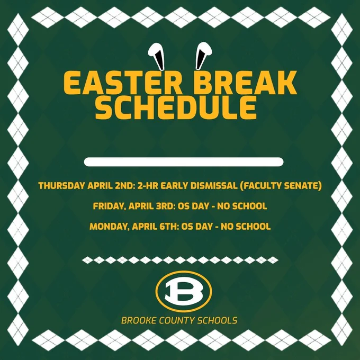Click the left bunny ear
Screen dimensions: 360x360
click(x=157, y=55)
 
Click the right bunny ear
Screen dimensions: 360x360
click(x=203, y=55)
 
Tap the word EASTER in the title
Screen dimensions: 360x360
click(x=123, y=83)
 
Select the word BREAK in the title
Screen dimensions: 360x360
click(x=245, y=83)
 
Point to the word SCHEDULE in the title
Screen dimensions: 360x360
click(x=176, y=107)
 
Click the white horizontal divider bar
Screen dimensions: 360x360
click(x=184, y=162)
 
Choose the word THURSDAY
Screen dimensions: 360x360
click(x=61, y=185)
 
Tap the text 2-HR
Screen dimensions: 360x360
click(x=148, y=185)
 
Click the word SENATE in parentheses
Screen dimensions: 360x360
click(x=303, y=185)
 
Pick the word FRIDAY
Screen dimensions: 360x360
click(x=110, y=206)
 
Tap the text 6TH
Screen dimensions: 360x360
click(x=169, y=227)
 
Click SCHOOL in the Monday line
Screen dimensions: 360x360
click(x=253, y=227)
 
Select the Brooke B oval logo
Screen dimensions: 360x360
click(x=184, y=291)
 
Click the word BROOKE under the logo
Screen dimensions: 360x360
click(x=139, y=320)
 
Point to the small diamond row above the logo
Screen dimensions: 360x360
click(x=180, y=260)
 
